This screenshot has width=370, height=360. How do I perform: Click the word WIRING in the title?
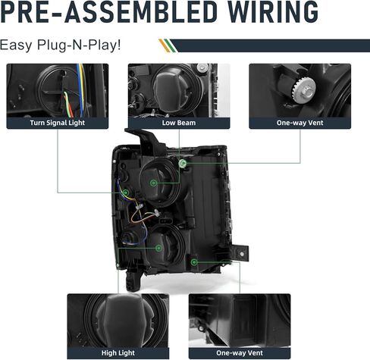(273, 11)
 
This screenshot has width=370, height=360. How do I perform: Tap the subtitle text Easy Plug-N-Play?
(60, 45)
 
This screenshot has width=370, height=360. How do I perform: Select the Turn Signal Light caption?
(58, 123)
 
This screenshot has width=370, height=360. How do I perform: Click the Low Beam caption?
(179, 123)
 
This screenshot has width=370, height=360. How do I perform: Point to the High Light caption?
(118, 353)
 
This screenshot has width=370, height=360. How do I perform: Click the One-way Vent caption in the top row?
(300, 123)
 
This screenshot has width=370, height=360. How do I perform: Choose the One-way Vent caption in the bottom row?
(240, 352)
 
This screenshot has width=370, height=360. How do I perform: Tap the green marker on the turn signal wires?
(126, 193)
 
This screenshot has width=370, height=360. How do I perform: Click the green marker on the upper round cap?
(153, 183)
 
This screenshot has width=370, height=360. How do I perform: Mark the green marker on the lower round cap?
(158, 248)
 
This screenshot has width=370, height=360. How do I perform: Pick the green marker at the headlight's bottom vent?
(194, 262)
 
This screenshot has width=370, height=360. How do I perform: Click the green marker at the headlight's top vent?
(183, 164)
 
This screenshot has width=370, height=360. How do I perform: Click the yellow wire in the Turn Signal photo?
(83, 86)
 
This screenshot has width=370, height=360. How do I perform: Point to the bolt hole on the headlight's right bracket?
(242, 254)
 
